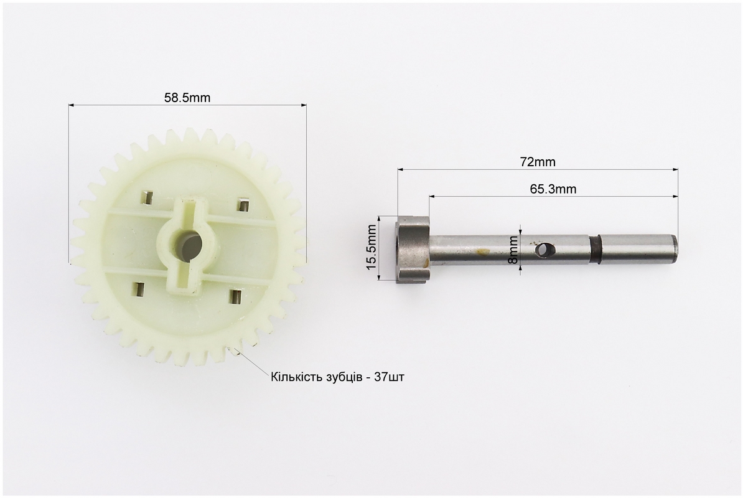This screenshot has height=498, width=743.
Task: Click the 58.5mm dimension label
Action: point(187,98)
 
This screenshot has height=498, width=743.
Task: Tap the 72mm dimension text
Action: point(538,162)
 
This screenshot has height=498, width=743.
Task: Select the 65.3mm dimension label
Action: point(553,189)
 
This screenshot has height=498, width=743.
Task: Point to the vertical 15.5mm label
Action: point(371,247)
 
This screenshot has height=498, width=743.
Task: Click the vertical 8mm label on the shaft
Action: point(513,250)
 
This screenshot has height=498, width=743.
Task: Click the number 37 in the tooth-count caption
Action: point(380,377)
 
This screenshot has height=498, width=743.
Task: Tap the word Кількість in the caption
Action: point(297,377)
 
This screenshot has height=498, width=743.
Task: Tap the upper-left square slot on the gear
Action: point(148,197)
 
